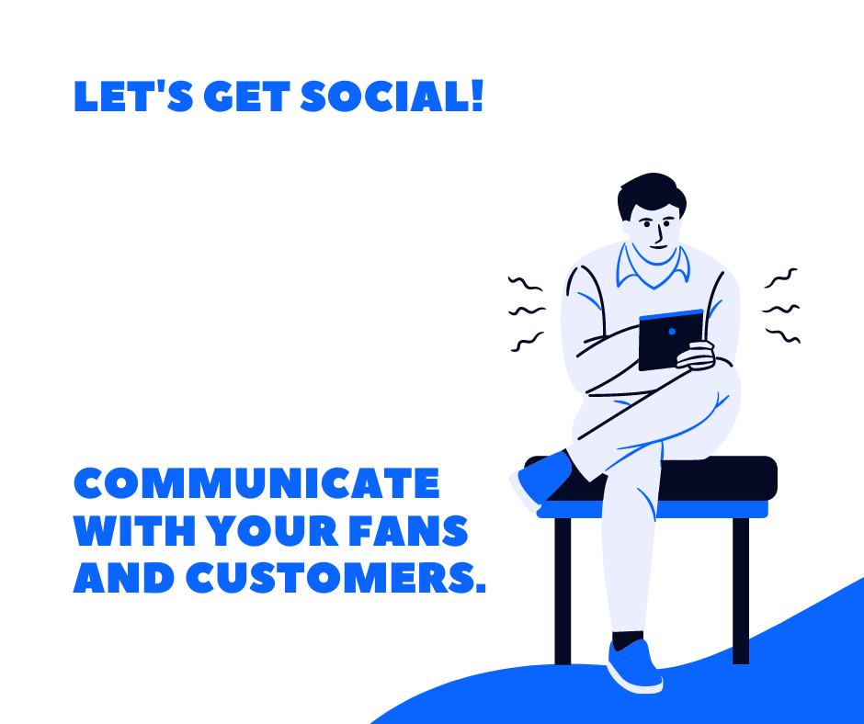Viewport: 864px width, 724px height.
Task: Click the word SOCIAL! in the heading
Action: (x=392, y=96)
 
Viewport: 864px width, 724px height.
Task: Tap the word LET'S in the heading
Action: (x=133, y=96)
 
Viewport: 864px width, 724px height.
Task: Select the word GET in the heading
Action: (x=247, y=96)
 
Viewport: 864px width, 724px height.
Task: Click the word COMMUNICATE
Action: (x=256, y=483)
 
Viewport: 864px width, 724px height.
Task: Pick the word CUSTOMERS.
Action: (x=335, y=578)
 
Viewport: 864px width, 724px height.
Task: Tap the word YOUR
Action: (x=272, y=531)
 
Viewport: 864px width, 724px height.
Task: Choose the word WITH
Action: (x=134, y=531)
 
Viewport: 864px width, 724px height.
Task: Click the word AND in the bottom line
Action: (x=124, y=578)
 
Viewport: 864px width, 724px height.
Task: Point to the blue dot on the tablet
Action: (x=672, y=331)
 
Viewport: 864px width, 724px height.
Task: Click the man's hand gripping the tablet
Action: (x=696, y=356)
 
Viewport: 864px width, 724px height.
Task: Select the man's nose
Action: (x=657, y=234)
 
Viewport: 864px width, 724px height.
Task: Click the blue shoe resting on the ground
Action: (x=634, y=666)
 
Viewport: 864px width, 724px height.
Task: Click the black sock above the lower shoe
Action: (x=628, y=640)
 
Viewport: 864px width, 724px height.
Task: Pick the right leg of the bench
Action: (x=741, y=591)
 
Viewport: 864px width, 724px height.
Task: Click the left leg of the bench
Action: (x=563, y=591)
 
